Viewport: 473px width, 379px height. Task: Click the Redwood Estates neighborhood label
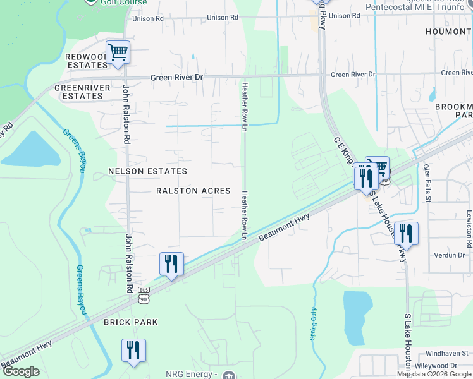87,61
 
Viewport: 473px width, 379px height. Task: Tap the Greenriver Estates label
78,92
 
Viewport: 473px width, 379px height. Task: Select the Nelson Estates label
147,171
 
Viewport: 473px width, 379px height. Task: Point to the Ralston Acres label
193,191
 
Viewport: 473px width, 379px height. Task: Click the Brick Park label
131,322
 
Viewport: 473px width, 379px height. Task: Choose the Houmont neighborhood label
448,32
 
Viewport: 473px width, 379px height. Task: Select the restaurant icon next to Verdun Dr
406,233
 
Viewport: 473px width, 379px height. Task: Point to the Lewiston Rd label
469,229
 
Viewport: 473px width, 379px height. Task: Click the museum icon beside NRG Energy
229,376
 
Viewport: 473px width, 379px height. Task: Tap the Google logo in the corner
21,372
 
